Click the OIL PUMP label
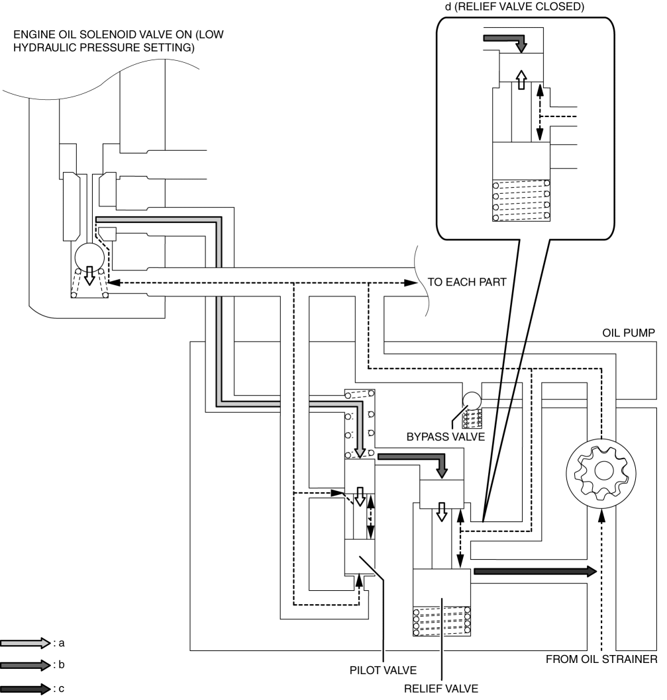(628, 333)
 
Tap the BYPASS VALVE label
(445, 437)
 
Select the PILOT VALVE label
(383, 670)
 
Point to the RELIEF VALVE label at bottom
(440, 689)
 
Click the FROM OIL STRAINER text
(601, 660)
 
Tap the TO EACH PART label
(467, 282)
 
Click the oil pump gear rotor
(601, 473)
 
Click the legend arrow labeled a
(25, 643)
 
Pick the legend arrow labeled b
(25, 665)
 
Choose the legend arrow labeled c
(25, 689)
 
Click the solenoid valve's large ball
(89, 257)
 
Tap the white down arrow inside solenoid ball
(89, 275)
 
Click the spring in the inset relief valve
(521, 200)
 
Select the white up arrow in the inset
(521, 79)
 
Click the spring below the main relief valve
(442, 621)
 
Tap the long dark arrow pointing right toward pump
(535, 571)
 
